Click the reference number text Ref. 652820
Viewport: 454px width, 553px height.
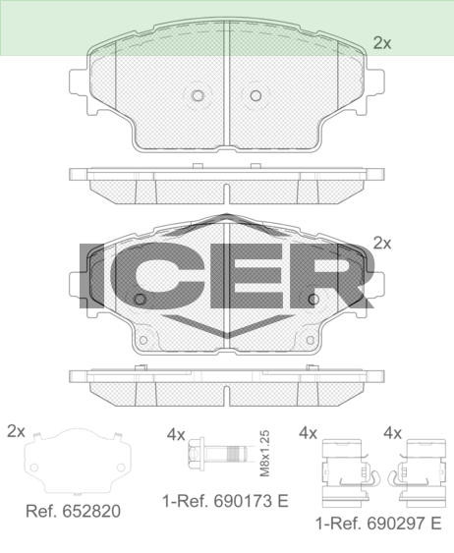click(73, 511)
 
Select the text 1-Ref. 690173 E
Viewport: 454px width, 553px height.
click(225, 501)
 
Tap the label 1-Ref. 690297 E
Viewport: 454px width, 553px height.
click(378, 524)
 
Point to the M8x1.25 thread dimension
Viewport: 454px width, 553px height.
click(264, 453)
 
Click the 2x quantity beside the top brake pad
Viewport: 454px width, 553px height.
click(382, 43)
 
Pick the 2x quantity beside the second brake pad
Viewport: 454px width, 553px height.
click(382, 244)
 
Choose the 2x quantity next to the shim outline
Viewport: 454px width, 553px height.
click(16, 431)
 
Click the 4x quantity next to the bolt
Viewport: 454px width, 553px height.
click(176, 435)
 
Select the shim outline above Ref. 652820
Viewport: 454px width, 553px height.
click(78, 462)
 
